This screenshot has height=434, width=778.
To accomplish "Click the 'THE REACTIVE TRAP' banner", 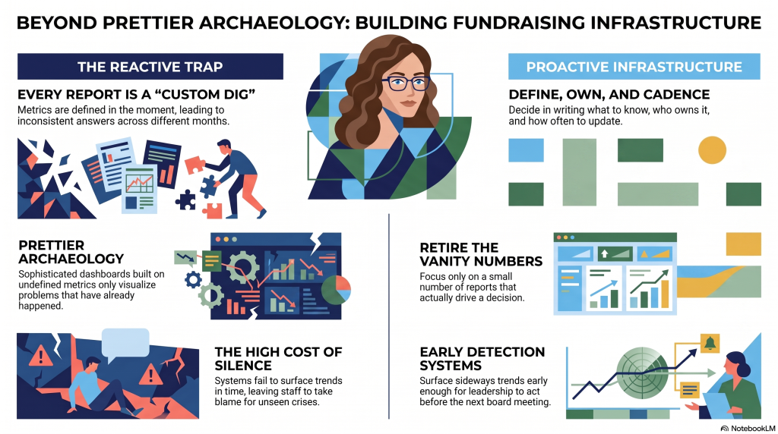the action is pos(150,66).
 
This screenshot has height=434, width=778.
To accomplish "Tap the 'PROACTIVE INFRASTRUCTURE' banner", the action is pos(634,66).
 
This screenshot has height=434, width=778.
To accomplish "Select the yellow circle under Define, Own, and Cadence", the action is pos(712,150).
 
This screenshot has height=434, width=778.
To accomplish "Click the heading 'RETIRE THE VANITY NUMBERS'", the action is pos(481,254).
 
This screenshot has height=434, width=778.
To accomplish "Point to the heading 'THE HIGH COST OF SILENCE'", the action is pos(278,359).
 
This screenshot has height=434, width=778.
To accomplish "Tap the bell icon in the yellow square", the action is pos(710,343).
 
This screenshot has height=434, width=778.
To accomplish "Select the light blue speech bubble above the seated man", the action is pos(125,343).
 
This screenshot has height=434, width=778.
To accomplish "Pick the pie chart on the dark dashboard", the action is pos(336,290).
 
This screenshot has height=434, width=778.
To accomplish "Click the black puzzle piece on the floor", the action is pos(185,200).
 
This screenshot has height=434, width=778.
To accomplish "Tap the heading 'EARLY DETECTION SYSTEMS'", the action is pos(482,359).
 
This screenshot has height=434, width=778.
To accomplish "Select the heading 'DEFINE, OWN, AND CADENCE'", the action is pos(609,94).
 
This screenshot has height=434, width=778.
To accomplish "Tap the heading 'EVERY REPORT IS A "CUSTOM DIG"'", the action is pos(136,94).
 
